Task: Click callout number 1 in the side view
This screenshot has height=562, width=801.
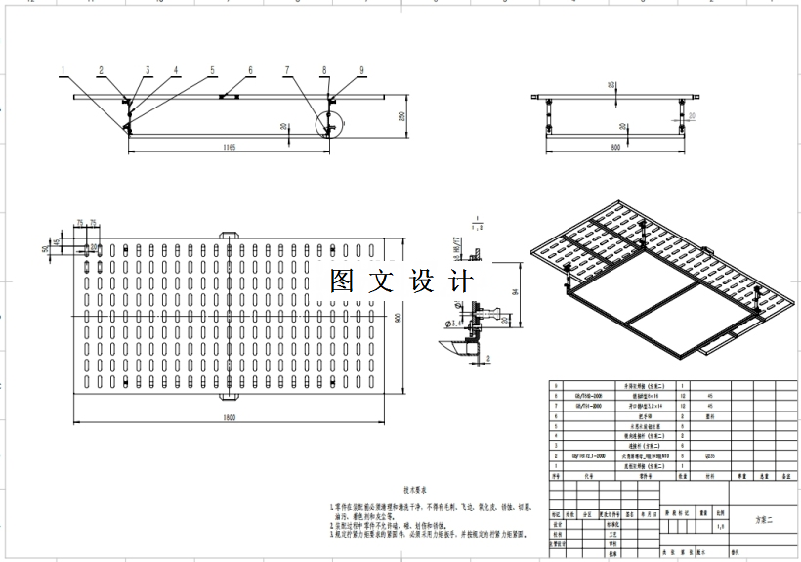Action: point(63,70)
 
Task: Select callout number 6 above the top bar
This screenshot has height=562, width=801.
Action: point(250,70)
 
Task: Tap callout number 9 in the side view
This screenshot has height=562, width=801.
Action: point(361,70)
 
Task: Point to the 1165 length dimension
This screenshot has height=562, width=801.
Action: point(230,148)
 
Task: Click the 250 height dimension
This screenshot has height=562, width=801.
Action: point(400,116)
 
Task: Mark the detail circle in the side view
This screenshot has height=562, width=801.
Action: point(330,125)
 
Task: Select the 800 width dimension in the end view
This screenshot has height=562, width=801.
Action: point(615,148)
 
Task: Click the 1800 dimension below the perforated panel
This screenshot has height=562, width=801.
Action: point(230,418)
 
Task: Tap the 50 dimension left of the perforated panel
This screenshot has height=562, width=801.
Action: point(45,249)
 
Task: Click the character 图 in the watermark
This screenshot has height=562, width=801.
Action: point(342,281)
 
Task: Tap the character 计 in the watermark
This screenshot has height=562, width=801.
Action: point(459,281)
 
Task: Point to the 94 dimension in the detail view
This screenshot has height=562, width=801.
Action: point(515,289)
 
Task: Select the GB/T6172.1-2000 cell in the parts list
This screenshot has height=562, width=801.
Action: point(588,455)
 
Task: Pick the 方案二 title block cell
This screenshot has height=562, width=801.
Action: point(763,519)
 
